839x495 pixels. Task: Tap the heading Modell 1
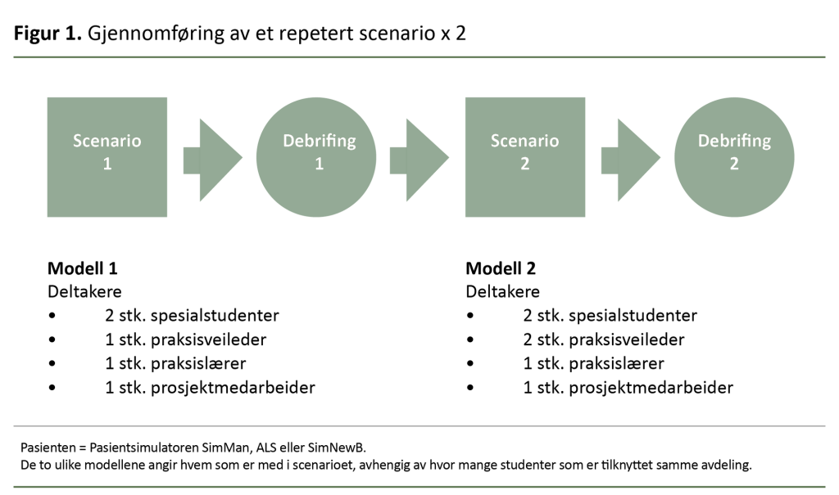(x=83, y=268)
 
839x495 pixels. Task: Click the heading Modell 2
(x=501, y=268)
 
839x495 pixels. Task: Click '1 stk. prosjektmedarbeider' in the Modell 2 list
(x=628, y=387)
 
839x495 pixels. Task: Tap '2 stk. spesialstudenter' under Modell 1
(x=192, y=315)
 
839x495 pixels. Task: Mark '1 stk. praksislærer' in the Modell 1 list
(x=175, y=363)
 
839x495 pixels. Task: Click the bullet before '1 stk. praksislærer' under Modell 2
(x=470, y=363)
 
